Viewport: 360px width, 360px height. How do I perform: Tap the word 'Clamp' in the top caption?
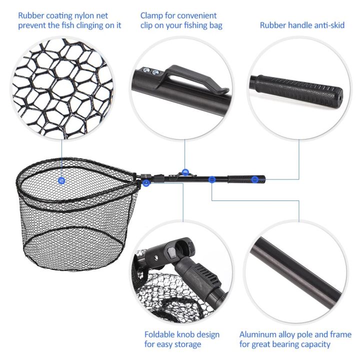pyautogui.click(x=151, y=16)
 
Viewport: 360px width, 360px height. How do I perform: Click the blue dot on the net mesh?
pyautogui.click(x=61, y=180)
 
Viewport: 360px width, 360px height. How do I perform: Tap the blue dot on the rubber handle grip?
pyautogui.click(x=254, y=179)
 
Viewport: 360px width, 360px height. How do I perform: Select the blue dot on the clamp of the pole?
pyautogui.click(x=185, y=172)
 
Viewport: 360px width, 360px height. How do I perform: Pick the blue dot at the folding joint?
pyautogui.click(x=145, y=183)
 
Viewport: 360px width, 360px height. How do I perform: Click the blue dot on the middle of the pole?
pyautogui.click(x=212, y=178)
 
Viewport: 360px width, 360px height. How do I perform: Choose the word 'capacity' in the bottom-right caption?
pyautogui.click(x=314, y=344)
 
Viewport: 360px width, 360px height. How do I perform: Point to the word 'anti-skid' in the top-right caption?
pyautogui.click(x=327, y=25)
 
